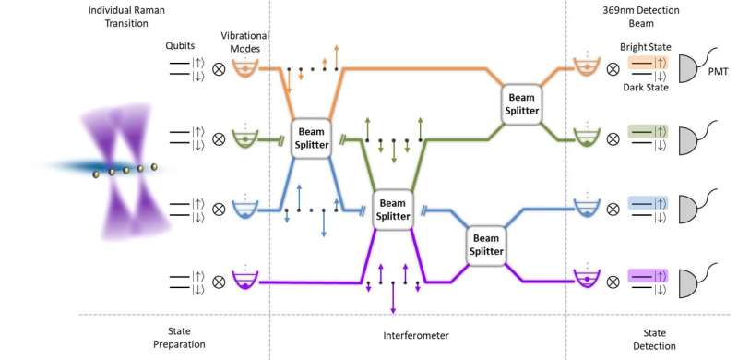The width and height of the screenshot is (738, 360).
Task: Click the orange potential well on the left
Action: (x=244, y=69)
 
